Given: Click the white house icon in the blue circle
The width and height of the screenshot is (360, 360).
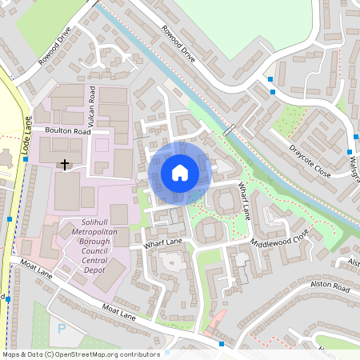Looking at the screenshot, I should click(180, 172).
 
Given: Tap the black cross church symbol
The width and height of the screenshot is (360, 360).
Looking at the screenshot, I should click(65, 164).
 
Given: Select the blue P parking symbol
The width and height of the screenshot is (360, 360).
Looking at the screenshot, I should click(61, 329).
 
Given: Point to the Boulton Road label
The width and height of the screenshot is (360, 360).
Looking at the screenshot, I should click(67, 130).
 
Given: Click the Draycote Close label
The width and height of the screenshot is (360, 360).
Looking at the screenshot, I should click(310, 160).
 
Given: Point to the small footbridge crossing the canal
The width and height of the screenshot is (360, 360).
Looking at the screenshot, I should click(230, 129).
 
